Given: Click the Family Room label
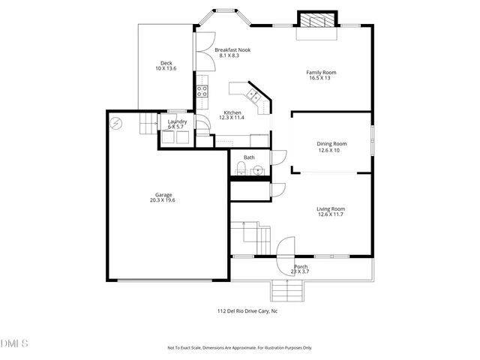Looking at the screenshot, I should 321,73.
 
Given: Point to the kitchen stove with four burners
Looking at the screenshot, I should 202,91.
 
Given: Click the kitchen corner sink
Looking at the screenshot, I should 255,95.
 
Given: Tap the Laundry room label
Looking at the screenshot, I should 177,121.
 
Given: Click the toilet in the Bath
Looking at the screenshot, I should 238,168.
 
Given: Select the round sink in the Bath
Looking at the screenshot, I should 258,170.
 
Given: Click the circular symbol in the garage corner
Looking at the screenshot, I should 115,122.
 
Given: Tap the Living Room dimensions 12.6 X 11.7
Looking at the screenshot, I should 330,215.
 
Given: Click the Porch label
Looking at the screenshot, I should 301,266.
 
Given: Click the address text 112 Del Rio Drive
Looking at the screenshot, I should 247,310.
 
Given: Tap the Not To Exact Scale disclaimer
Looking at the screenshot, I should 239,348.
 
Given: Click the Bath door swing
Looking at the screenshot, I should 278,157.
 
